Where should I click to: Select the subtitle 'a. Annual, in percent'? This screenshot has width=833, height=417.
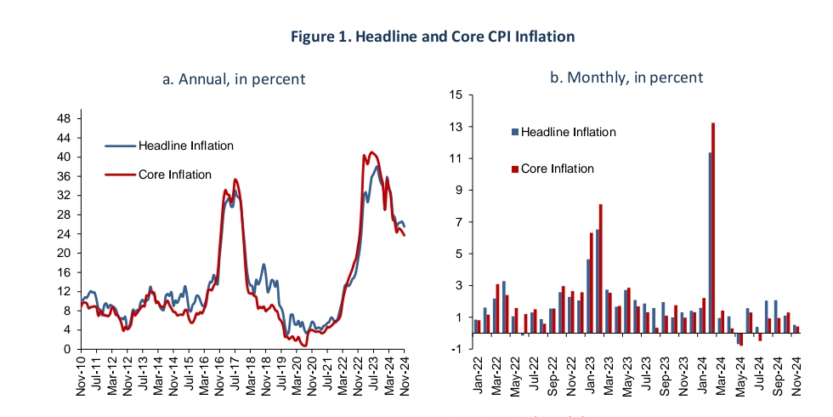click(x=234, y=79)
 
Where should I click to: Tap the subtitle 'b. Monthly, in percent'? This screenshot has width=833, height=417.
click(x=627, y=77)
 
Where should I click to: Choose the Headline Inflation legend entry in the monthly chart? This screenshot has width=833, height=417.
click(x=568, y=132)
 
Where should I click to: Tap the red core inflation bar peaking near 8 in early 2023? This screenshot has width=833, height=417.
click(x=601, y=268)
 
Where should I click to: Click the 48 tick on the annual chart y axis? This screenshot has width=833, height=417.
click(x=63, y=118)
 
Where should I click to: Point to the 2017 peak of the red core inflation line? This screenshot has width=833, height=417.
click(x=235, y=180)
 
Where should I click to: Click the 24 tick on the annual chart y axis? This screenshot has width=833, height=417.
click(x=63, y=234)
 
